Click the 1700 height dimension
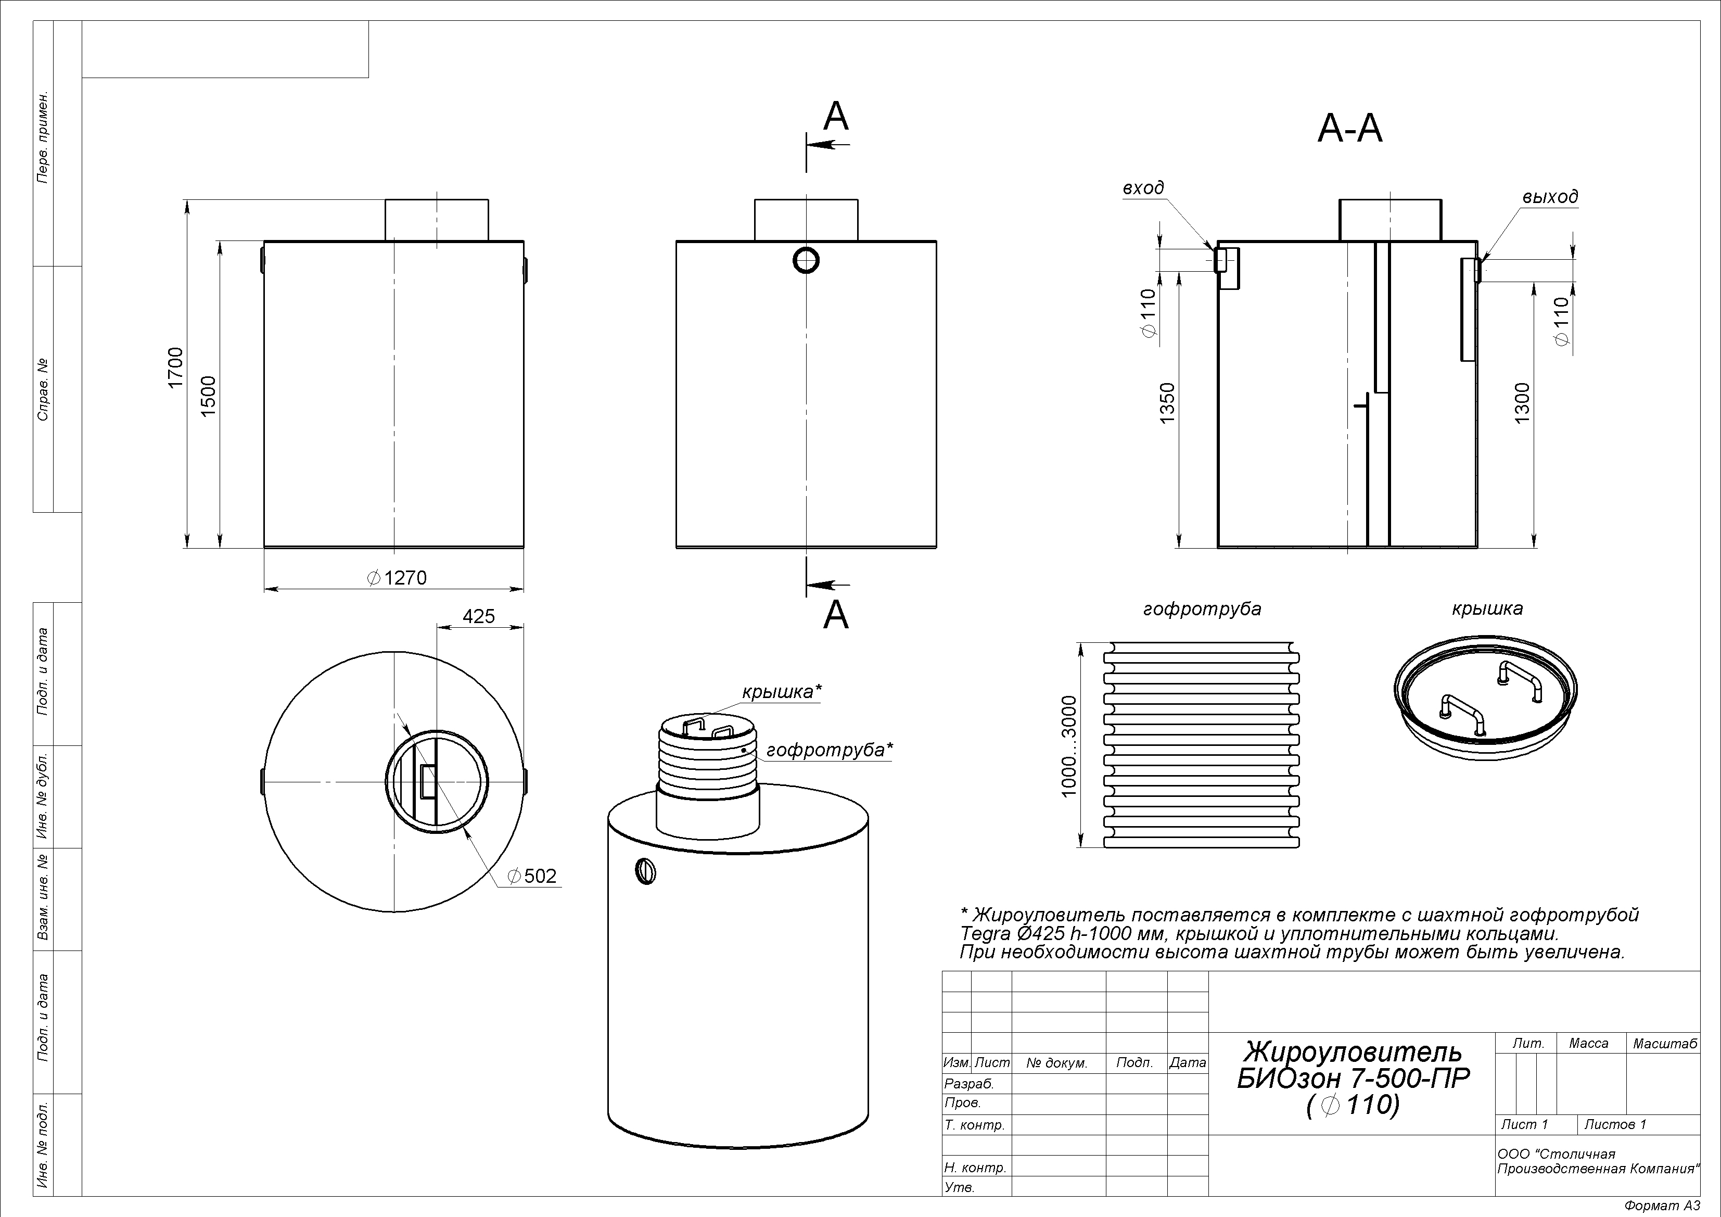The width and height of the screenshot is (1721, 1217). point(175,367)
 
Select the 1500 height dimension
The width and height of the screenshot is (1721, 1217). point(209,396)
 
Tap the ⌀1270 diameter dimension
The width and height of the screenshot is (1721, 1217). point(397,577)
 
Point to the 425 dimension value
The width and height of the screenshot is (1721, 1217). point(478,616)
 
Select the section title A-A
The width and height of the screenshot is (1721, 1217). point(1349,129)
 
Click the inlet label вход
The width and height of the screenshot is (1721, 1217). point(1143,188)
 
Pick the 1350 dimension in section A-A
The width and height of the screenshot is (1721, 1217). point(1168,404)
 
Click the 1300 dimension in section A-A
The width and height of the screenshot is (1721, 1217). point(1522,403)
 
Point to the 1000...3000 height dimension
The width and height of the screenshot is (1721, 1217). point(1069,745)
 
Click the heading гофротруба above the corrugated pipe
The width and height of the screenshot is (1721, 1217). point(1202,609)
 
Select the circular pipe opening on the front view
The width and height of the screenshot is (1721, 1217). point(806,260)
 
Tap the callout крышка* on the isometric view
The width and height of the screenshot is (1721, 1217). point(782,691)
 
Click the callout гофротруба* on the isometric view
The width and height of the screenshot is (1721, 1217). point(830,750)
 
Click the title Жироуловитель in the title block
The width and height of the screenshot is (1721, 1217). point(1353,1050)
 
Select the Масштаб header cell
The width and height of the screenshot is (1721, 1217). point(1664,1044)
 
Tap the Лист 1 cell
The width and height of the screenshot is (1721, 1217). point(1524,1124)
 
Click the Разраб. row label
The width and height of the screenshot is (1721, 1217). point(969,1084)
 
